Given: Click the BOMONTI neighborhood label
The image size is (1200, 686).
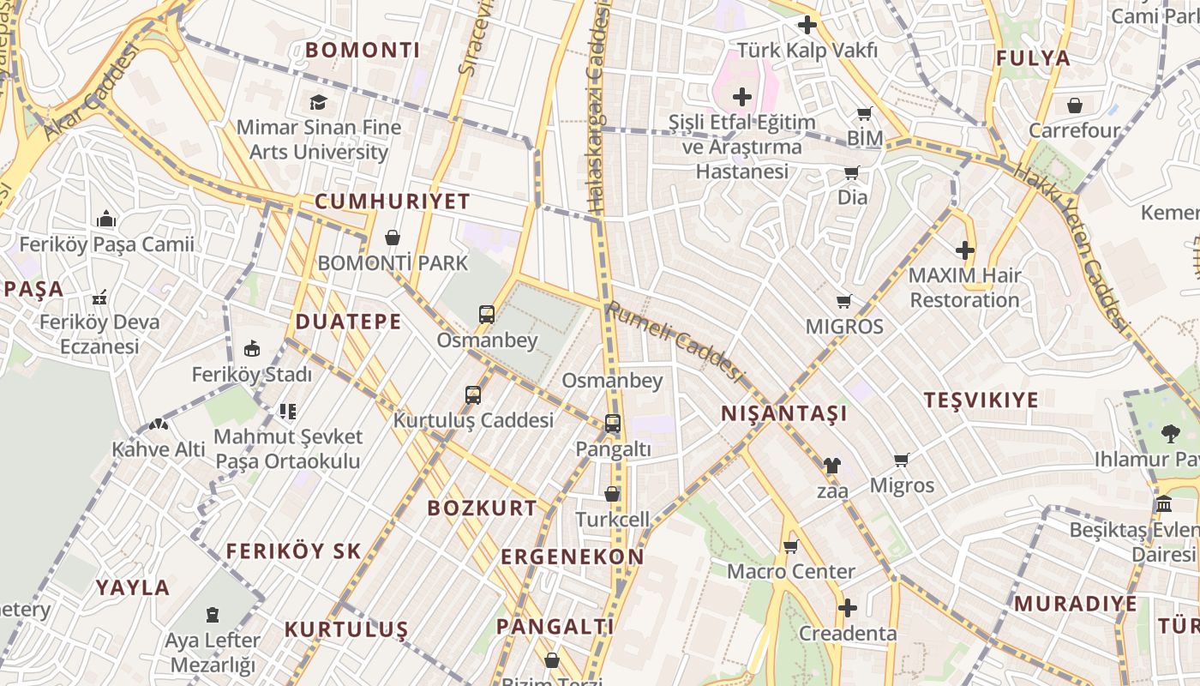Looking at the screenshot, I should (x=363, y=51).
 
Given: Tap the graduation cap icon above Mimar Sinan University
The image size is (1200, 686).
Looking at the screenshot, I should (x=319, y=103).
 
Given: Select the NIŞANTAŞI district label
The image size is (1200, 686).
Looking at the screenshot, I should (x=783, y=414).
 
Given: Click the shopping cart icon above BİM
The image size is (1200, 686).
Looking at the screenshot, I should (x=865, y=114).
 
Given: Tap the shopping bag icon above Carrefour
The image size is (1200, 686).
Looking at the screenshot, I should (x=1075, y=105).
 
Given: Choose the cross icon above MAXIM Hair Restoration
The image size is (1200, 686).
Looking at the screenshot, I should (x=965, y=250).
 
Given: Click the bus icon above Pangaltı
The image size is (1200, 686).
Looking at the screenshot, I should (x=612, y=424).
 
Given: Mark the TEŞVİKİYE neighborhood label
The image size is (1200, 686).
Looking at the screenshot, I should (x=981, y=400).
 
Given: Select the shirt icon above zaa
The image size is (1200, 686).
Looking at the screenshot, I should (x=831, y=466).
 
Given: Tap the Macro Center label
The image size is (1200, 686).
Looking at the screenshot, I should (x=790, y=571).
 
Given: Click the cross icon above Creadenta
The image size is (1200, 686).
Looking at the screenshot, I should (x=848, y=609).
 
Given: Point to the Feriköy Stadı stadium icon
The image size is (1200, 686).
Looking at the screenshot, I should (x=252, y=349).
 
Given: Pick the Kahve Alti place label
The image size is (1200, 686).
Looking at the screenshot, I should (x=159, y=449).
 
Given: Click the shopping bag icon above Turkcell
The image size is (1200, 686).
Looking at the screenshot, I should (x=612, y=494).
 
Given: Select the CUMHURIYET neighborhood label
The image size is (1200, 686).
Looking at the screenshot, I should (x=393, y=202).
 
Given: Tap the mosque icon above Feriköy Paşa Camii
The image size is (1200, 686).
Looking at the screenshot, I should (x=106, y=220).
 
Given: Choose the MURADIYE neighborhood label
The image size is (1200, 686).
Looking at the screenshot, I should (x=1075, y=604).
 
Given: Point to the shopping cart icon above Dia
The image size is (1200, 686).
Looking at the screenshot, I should (x=852, y=173).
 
